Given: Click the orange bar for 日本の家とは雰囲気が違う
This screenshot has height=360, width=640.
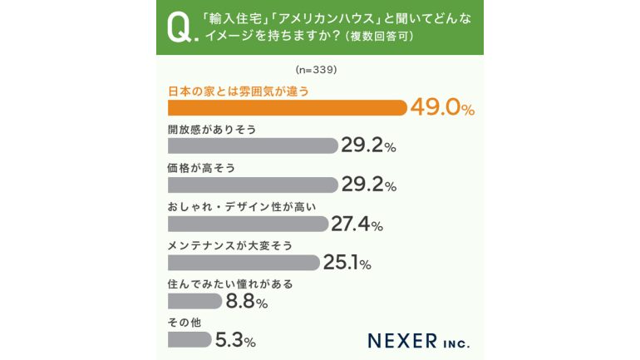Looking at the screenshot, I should coord(287,107).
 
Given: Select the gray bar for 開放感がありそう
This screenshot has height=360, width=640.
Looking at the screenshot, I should coord(253,145).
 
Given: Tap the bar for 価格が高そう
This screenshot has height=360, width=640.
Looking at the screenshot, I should coord(253,185).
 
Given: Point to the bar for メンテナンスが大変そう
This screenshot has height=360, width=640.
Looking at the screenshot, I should coord(244,263).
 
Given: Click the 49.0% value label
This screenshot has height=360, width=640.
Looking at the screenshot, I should coord(441,108).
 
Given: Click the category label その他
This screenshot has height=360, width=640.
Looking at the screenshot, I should coord(181,322).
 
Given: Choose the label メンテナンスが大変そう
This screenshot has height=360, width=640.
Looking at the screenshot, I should coord(230,245).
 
